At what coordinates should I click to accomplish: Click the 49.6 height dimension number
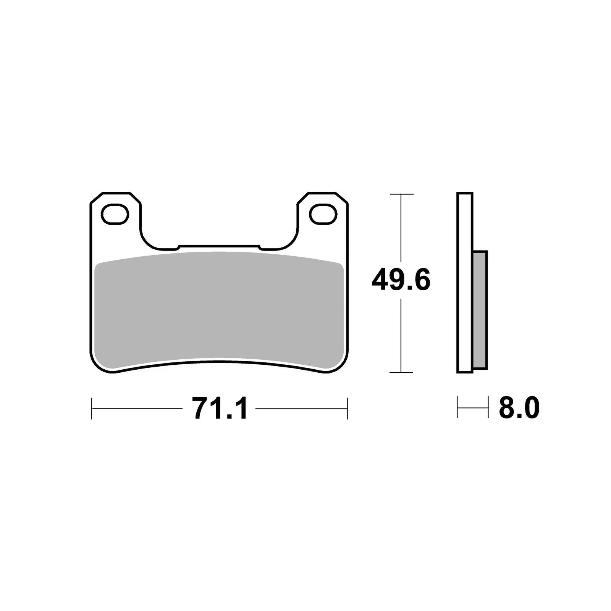[401, 280]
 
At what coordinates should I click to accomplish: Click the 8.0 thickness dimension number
[519, 408]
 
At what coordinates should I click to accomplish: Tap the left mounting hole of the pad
[114, 214]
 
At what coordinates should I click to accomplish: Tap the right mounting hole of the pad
[323, 214]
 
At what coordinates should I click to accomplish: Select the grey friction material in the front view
[218, 309]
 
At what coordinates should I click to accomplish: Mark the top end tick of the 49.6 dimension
[401, 194]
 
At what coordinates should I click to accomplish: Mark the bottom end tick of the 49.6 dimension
[401, 372]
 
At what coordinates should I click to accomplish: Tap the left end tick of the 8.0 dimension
[457, 407]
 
